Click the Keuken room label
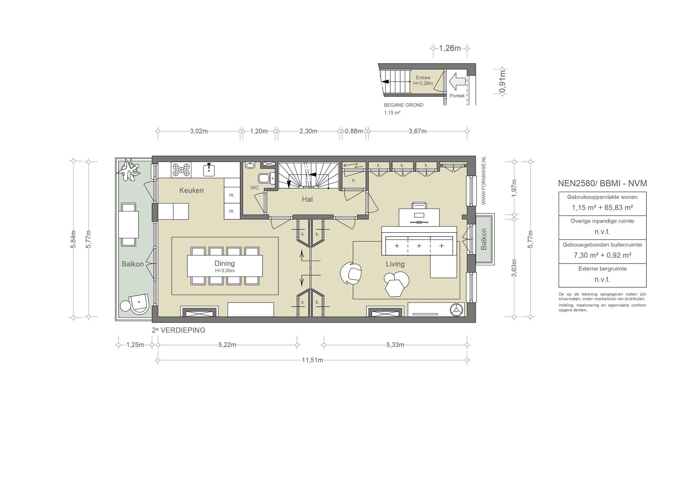click(x=191, y=190)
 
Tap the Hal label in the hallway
click(x=307, y=199)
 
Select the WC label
click(x=255, y=188)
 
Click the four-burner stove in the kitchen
click(x=181, y=170)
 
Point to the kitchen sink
click(x=209, y=170)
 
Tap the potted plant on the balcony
click(x=128, y=169)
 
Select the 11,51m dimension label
click(x=312, y=360)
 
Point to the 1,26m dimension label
click(x=450, y=48)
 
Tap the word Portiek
click(x=457, y=96)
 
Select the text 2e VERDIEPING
click(x=178, y=330)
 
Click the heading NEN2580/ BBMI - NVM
click(x=602, y=183)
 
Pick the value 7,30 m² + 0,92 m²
click(x=602, y=255)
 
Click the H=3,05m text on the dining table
click(x=225, y=271)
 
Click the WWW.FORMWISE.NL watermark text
click(x=483, y=181)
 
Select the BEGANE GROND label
click(x=404, y=105)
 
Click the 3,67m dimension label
click(x=417, y=131)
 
